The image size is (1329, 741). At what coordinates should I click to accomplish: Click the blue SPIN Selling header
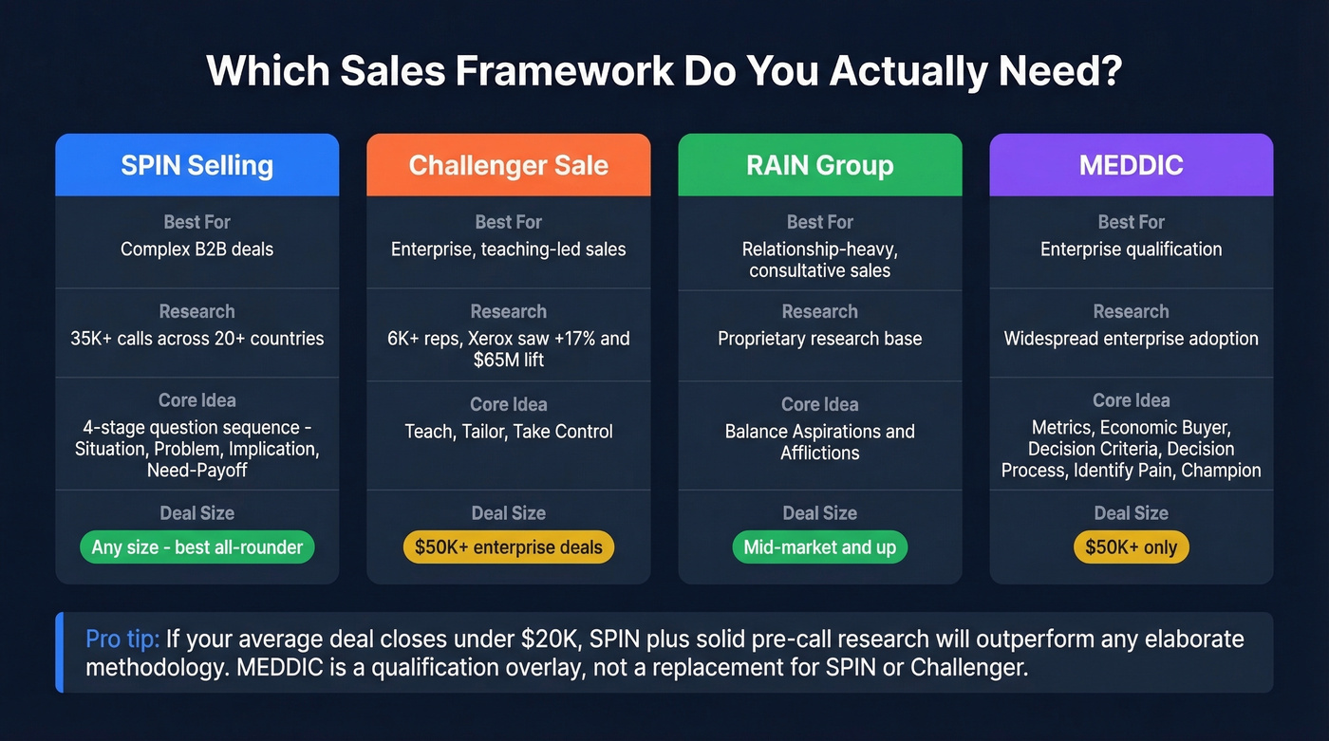[x=197, y=165]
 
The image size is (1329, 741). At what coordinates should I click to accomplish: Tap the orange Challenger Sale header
[x=508, y=165]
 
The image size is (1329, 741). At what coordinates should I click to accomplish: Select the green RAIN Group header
[x=819, y=165]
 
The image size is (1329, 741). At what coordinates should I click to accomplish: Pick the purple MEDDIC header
[x=1131, y=165]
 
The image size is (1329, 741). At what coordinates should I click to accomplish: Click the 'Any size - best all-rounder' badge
[x=197, y=547]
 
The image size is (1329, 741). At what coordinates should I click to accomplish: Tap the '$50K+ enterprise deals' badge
[x=508, y=547]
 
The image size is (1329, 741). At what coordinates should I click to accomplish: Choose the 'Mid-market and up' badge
[x=819, y=547]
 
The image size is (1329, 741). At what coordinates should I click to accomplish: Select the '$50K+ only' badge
[x=1131, y=547]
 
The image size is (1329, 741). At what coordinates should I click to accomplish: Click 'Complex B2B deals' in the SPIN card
[x=197, y=250]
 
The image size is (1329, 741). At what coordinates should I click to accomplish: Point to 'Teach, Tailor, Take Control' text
[x=508, y=432]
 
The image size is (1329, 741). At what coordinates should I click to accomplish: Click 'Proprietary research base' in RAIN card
[x=819, y=339]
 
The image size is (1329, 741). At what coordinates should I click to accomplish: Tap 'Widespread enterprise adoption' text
[x=1131, y=339]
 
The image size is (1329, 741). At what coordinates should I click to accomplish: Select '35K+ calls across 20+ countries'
[x=197, y=339]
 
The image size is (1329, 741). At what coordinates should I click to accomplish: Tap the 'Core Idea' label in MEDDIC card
[x=1131, y=400]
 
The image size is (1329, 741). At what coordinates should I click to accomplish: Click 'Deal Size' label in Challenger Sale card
[x=508, y=513]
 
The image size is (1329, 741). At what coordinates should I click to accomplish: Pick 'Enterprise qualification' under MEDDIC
[x=1131, y=250]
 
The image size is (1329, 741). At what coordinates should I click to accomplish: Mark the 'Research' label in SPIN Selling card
[x=197, y=311]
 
